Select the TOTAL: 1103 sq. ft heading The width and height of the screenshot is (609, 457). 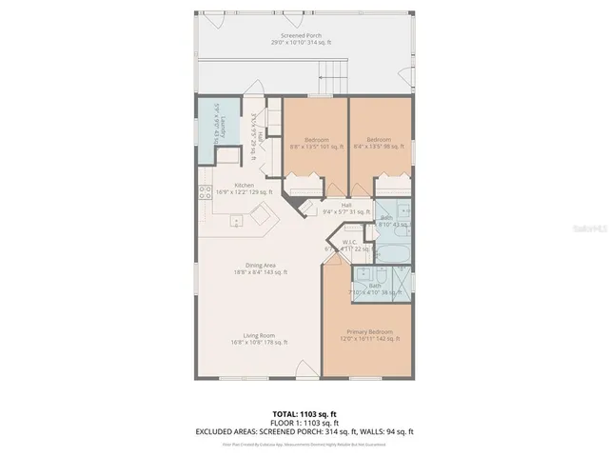tap(304, 413)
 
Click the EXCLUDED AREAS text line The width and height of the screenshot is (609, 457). tap(304, 432)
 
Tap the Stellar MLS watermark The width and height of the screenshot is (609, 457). tap(582, 229)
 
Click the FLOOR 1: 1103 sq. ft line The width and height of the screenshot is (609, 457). tap(304, 423)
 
